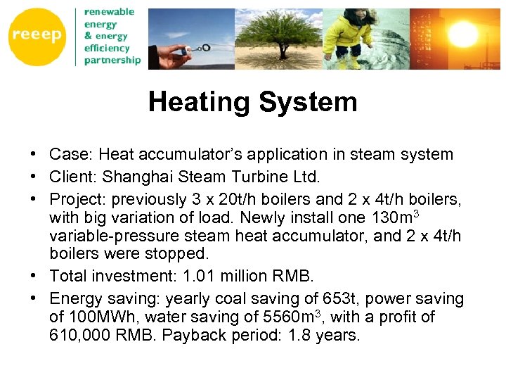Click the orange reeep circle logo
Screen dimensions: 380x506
37,36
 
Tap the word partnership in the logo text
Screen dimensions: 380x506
112,61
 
